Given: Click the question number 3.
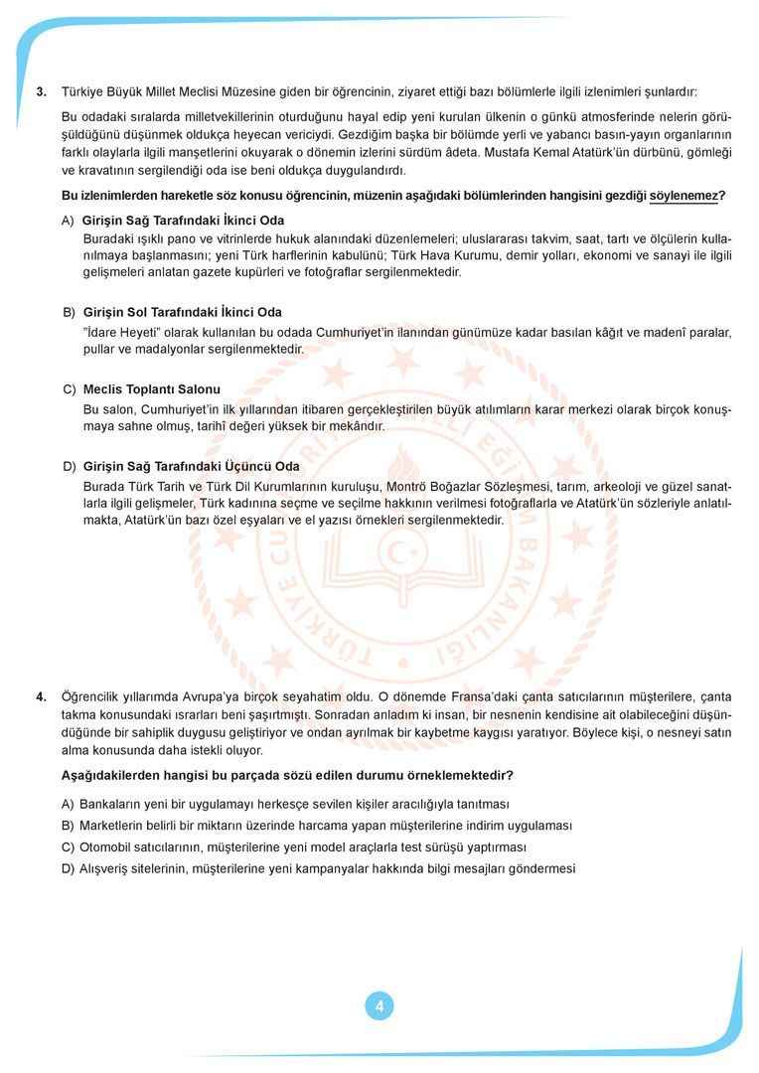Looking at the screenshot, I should coord(42,92).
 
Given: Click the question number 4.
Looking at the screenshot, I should coord(42,696).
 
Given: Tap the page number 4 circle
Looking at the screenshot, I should coord(379,1005).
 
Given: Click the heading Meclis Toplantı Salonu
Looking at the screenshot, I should coord(152,389).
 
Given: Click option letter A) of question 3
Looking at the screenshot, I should coord(68,221).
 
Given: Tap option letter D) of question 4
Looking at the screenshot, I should coord(68,868).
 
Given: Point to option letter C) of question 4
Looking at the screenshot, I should coord(68,847).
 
